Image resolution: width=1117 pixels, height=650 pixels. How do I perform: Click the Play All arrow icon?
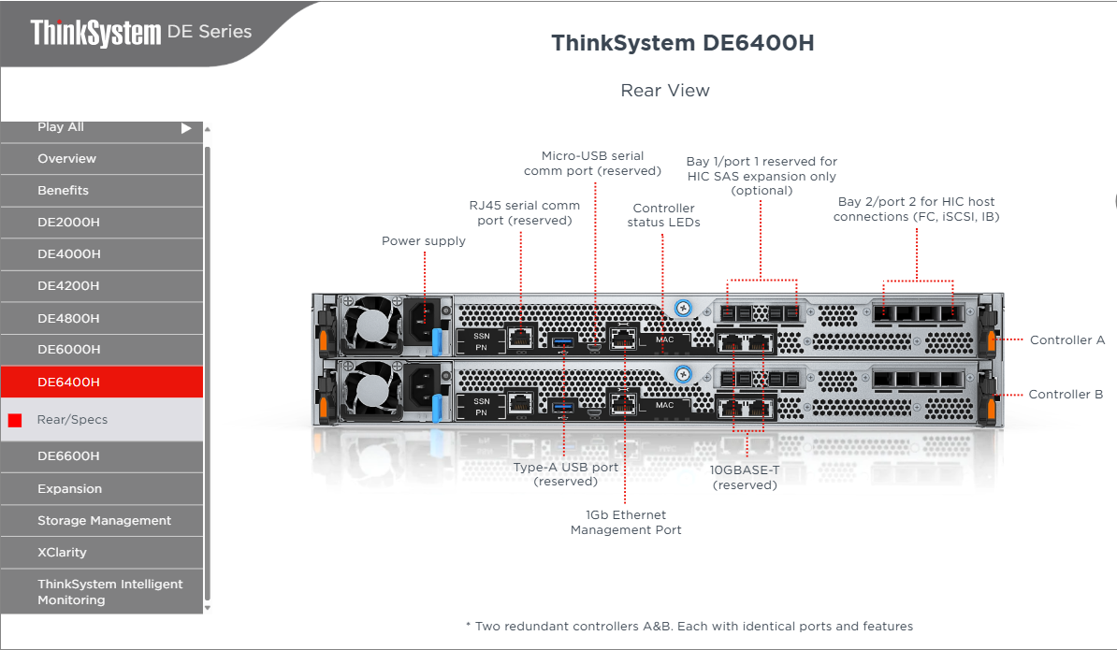[186, 128]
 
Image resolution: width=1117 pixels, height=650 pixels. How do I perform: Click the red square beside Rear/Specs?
[15, 421]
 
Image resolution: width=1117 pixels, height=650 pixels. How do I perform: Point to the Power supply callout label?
[423, 241]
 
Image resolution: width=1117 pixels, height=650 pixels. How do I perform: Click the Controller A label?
[1066, 340]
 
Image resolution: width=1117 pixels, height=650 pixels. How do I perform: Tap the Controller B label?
[1066, 395]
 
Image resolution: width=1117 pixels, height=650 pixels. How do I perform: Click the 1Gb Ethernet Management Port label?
[626, 523]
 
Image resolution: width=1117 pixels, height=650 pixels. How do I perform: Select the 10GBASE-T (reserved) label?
[745, 478]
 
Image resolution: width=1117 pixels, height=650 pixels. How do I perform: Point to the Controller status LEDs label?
[663, 215]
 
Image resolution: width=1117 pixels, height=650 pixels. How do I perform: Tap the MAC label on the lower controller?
[664, 406]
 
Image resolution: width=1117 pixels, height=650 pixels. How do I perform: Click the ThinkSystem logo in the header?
[95, 33]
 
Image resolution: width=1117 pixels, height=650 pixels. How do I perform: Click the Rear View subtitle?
[665, 91]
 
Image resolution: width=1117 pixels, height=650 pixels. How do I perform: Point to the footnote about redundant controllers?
[689, 627]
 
